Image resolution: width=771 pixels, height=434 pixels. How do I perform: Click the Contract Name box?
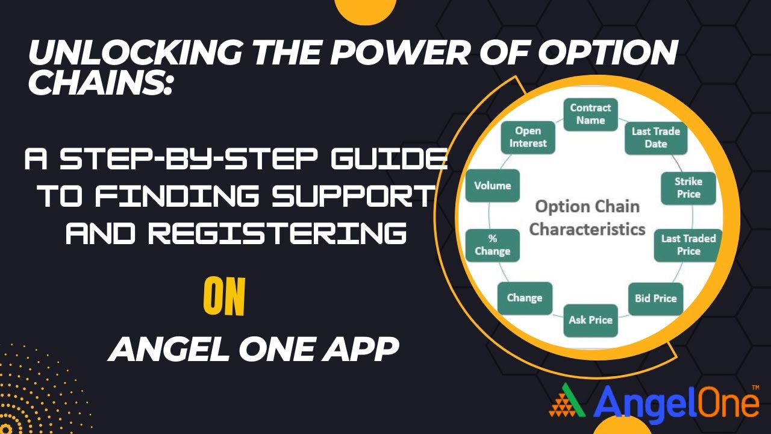pos(590,114)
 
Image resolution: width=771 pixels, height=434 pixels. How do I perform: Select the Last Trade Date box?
pos(655,137)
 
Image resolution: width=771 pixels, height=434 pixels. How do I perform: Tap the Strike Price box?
pos(688,187)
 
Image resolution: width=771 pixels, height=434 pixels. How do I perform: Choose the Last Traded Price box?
pos(688,244)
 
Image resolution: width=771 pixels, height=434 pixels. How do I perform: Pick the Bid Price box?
pos(655,298)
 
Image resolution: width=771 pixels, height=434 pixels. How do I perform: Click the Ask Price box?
pos(590,320)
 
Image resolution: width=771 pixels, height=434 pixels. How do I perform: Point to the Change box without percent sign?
pos(525,298)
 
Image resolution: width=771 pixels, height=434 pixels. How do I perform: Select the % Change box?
pos(492,244)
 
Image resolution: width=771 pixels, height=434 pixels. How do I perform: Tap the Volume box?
pos(492,186)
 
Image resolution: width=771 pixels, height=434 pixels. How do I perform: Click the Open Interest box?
pos(528,137)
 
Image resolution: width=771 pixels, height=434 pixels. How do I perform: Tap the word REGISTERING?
pos(236,232)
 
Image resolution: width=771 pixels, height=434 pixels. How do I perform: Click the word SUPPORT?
pos(348,196)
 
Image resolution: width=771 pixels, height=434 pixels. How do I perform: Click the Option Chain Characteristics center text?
pos(587,218)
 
